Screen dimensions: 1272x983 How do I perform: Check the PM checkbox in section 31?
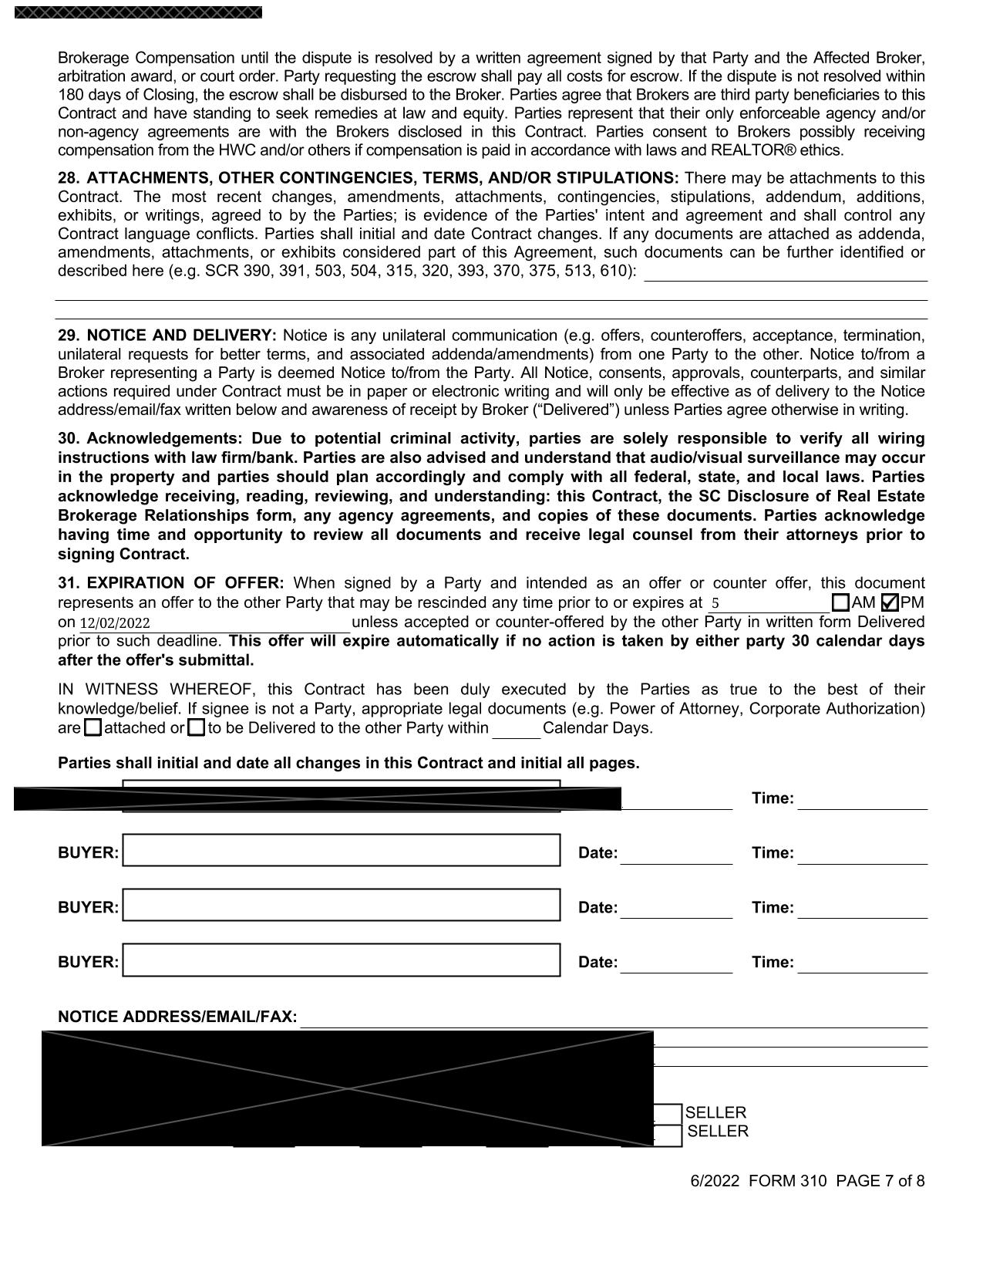889,602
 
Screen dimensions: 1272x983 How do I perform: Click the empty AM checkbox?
841,602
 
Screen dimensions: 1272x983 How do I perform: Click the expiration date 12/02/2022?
115,623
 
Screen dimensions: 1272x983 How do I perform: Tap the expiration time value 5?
715,604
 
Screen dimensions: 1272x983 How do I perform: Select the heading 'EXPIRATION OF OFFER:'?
185,583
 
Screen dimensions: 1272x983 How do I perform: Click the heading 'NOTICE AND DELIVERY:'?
181,336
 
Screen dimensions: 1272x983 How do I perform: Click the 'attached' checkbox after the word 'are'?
93,727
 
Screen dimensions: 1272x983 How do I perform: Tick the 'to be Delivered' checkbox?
197,727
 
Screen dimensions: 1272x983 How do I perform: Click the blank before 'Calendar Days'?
516,729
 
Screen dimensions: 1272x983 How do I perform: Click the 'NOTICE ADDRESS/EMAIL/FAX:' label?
177,1017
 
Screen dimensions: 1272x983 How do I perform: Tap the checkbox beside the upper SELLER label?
668,1113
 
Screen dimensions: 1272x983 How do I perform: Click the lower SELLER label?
718,1132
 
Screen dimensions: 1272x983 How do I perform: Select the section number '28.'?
68,178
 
